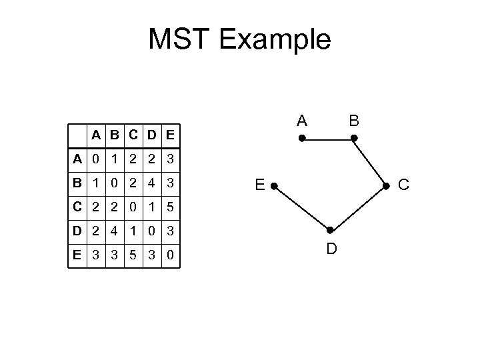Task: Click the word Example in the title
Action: tap(277, 41)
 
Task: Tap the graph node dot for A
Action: tap(301, 138)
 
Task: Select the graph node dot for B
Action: tap(354, 138)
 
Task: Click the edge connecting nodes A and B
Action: tap(327, 138)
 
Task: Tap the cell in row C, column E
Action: tap(171, 207)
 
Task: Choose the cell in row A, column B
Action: tap(116, 159)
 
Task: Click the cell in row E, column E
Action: tap(171, 255)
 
